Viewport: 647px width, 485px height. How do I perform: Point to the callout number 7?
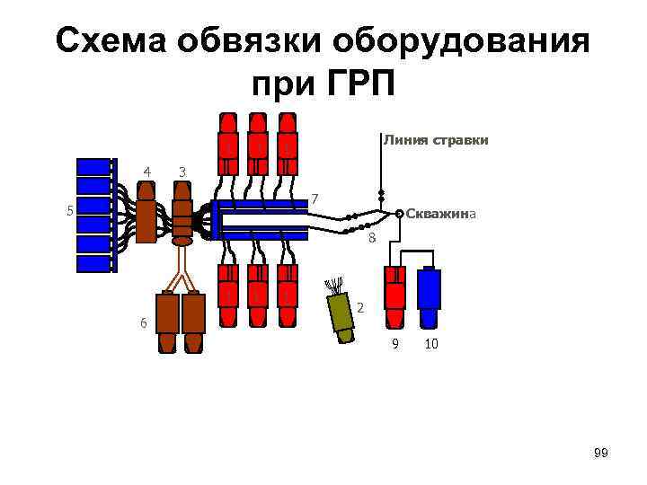point(315,198)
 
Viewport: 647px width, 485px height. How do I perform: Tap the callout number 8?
point(372,238)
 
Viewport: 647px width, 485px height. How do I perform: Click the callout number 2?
point(360,307)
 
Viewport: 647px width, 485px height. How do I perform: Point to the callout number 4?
point(146,171)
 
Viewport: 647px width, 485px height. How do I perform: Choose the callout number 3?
point(182,171)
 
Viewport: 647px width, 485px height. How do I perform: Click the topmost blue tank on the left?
point(93,166)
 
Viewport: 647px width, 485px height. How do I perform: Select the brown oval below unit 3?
point(182,241)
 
